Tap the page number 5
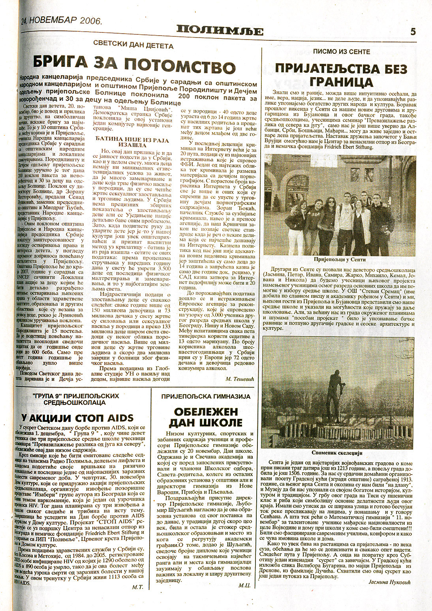[413, 32]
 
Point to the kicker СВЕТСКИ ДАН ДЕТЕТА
[133, 46]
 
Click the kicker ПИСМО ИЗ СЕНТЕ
[341, 52]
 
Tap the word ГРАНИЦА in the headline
[341, 82]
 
